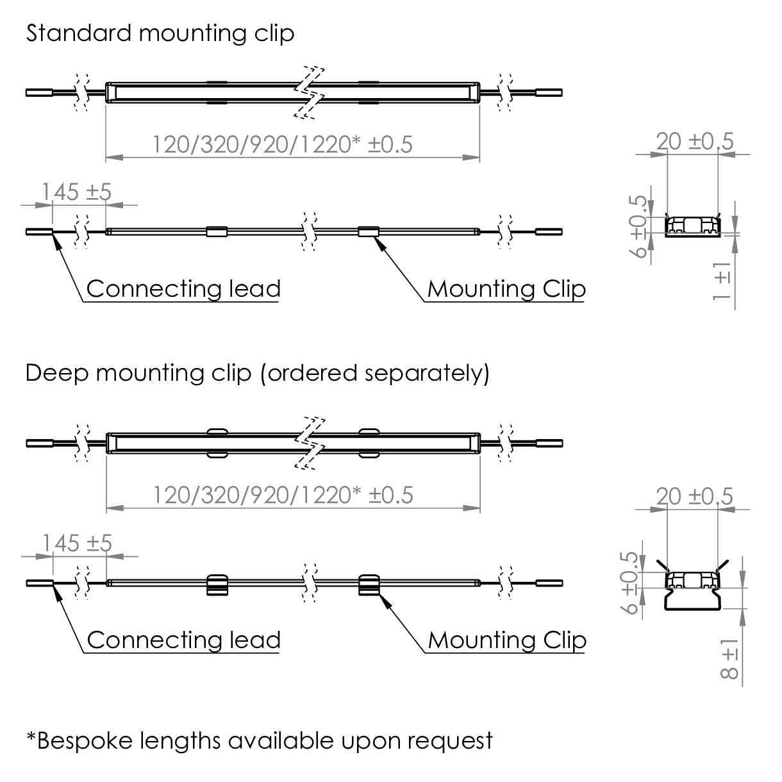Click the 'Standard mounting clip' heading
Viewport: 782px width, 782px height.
tap(160, 33)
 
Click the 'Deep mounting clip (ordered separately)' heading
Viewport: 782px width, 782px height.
tap(257, 372)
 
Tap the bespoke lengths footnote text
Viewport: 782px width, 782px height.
tap(260, 740)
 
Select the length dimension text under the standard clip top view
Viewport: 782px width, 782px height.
tap(283, 144)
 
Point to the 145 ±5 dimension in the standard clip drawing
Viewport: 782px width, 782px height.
tap(77, 192)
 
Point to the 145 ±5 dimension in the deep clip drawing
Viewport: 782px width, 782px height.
tap(77, 543)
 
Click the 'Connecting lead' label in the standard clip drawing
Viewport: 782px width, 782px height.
tap(183, 288)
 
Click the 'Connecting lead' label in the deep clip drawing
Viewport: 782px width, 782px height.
tap(183, 640)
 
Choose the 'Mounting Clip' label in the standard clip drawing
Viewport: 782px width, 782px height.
tap(506, 288)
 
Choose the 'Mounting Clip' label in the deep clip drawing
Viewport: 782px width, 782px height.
tap(506, 640)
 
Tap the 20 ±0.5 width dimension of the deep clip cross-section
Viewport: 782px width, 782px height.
tap(695, 496)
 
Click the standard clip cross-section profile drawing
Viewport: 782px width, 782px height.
tap(692, 226)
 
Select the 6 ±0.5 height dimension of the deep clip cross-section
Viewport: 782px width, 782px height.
tap(632, 582)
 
